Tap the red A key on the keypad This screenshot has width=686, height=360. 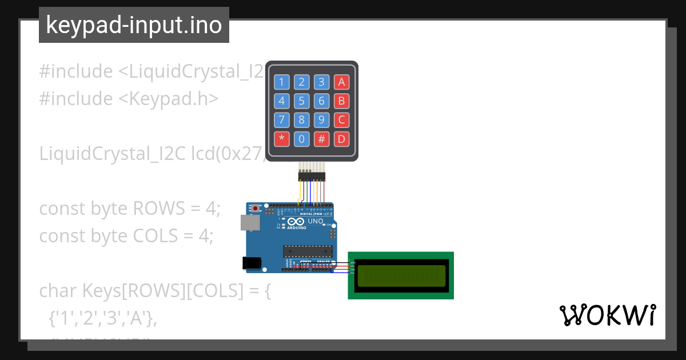[342, 82]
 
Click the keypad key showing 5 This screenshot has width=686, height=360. [302, 101]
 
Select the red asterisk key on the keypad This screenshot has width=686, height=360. [281, 138]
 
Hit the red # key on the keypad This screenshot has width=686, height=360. [322, 138]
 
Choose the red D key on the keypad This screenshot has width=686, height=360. [342, 138]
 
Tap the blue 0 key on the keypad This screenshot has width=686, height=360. [302, 138]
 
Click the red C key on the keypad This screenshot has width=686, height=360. [342, 120]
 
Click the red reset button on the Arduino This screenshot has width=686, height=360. [264, 208]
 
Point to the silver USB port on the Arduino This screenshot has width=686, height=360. [249, 222]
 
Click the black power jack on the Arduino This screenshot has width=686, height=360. [252, 263]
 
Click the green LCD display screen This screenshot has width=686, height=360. [401, 275]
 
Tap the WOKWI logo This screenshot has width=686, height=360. [607, 315]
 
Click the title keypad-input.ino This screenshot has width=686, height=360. [134, 25]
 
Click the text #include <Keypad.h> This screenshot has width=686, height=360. [129, 99]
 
